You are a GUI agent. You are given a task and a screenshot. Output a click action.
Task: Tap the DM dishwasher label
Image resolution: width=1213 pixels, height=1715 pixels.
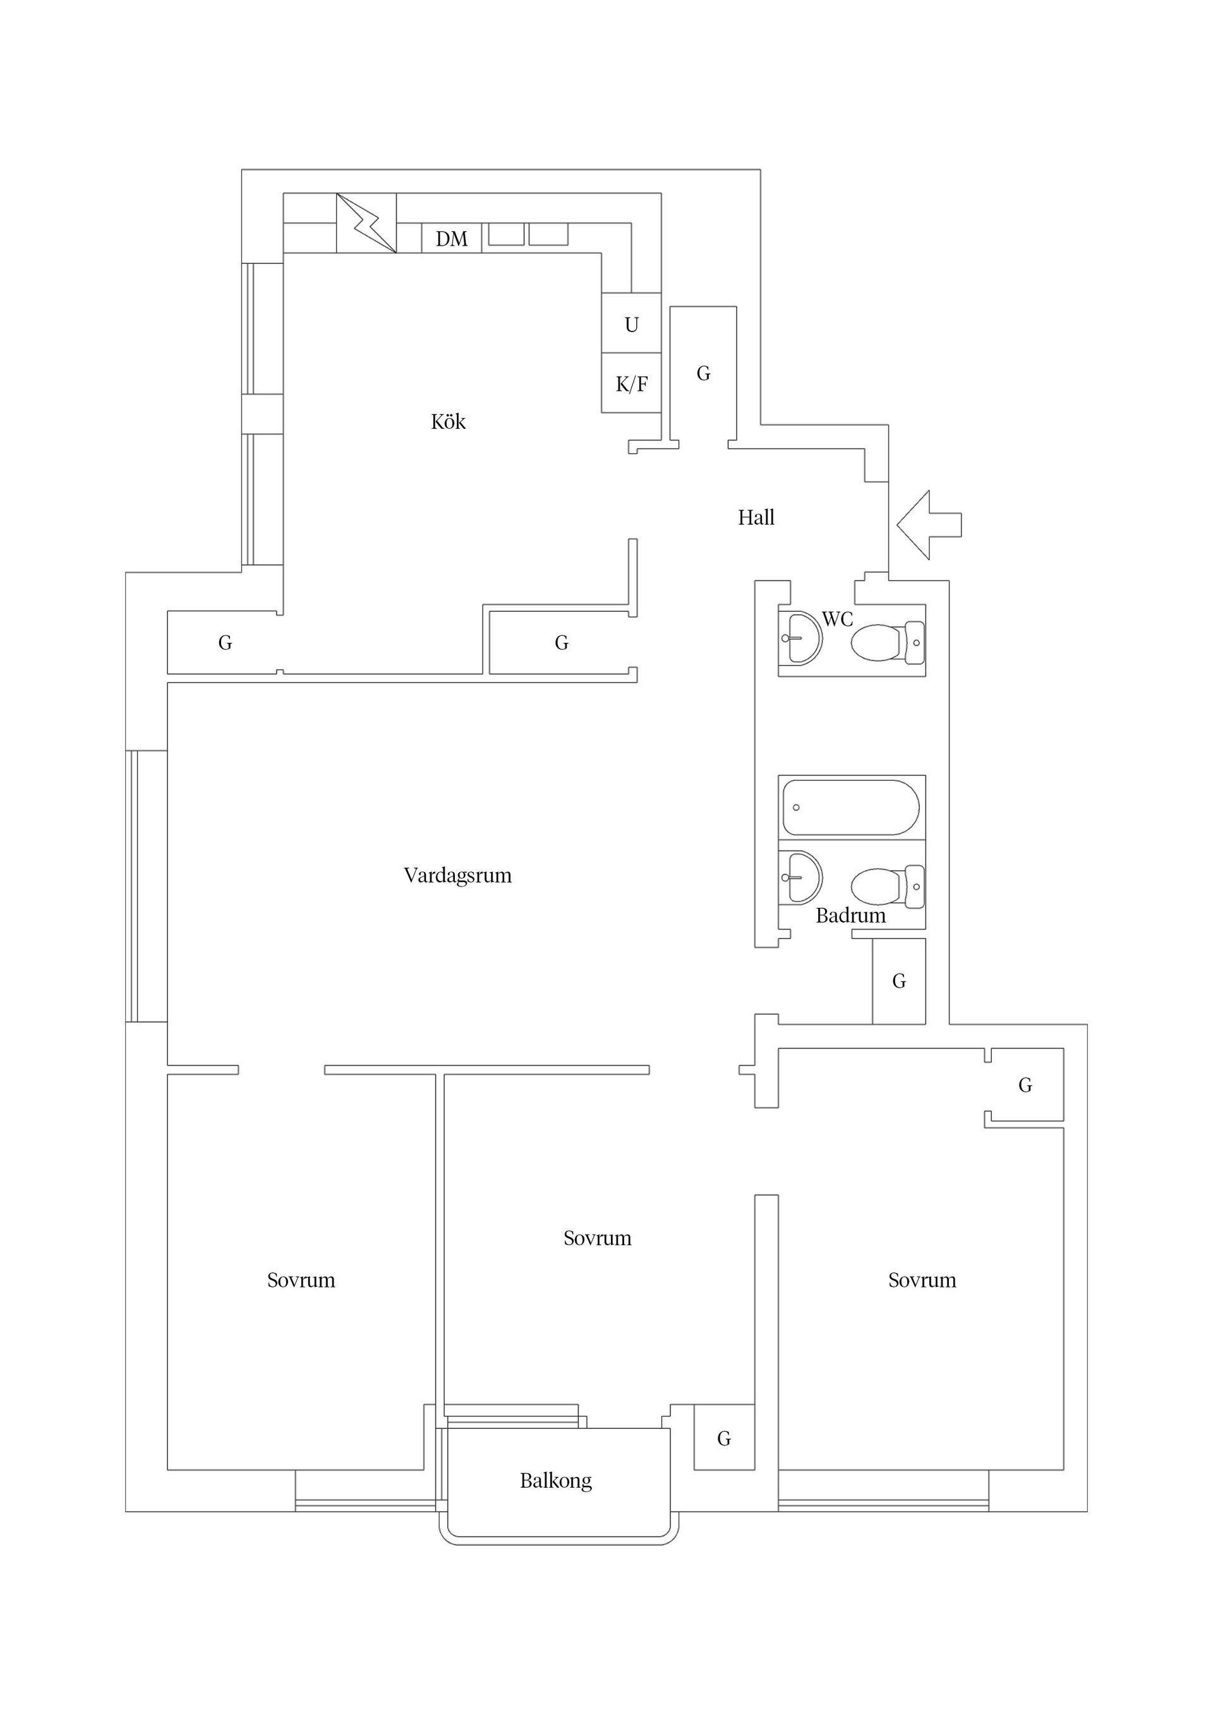click(452, 239)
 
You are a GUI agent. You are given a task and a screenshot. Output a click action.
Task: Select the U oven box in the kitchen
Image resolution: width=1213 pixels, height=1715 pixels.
click(632, 323)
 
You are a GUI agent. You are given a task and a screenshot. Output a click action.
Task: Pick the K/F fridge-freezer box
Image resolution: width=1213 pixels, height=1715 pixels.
click(632, 383)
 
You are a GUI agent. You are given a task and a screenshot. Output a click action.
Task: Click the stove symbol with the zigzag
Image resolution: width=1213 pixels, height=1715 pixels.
click(366, 223)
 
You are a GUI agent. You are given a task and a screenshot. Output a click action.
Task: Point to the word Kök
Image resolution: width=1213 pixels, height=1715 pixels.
click(448, 422)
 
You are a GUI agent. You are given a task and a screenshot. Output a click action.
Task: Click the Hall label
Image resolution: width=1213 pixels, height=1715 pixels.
click(756, 518)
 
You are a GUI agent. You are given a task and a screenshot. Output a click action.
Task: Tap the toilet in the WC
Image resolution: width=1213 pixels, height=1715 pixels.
click(888, 642)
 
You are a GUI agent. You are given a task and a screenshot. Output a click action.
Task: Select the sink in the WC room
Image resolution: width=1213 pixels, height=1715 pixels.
click(800, 637)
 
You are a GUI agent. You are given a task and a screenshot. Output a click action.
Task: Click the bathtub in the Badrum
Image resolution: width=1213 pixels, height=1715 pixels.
click(851, 808)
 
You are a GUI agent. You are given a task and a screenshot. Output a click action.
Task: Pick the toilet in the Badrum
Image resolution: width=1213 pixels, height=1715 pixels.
click(888, 887)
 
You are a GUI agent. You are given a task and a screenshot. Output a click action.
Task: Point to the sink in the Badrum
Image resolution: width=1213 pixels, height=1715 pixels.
click(800, 877)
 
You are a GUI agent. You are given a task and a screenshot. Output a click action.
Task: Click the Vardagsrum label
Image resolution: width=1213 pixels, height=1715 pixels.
click(457, 875)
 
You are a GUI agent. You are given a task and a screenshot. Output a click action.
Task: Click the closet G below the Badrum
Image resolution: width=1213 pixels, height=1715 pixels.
click(899, 981)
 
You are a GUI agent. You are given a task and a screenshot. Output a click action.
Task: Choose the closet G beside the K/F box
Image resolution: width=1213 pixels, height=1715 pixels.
click(703, 373)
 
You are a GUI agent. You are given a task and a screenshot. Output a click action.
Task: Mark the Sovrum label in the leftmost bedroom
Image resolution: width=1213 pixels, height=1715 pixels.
click(301, 1281)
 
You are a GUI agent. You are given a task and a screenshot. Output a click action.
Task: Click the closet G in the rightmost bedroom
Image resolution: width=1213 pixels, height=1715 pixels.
click(1025, 1085)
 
